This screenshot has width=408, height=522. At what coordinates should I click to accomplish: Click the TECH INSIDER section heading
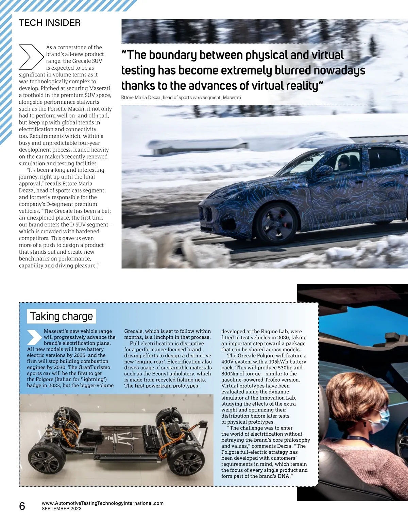click(x=50, y=23)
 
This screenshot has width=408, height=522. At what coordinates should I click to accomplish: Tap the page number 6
click(x=22, y=506)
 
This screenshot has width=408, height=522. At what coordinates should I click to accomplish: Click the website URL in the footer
click(x=102, y=503)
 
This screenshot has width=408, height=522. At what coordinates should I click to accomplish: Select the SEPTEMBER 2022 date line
click(x=62, y=509)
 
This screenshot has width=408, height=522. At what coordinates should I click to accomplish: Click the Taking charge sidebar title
click(x=61, y=316)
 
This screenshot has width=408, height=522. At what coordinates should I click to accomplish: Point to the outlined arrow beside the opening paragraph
click(x=31, y=57)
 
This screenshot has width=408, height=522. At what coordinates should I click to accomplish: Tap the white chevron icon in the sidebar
click(x=34, y=337)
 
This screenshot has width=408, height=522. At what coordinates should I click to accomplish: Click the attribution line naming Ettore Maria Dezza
click(x=181, y=98)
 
